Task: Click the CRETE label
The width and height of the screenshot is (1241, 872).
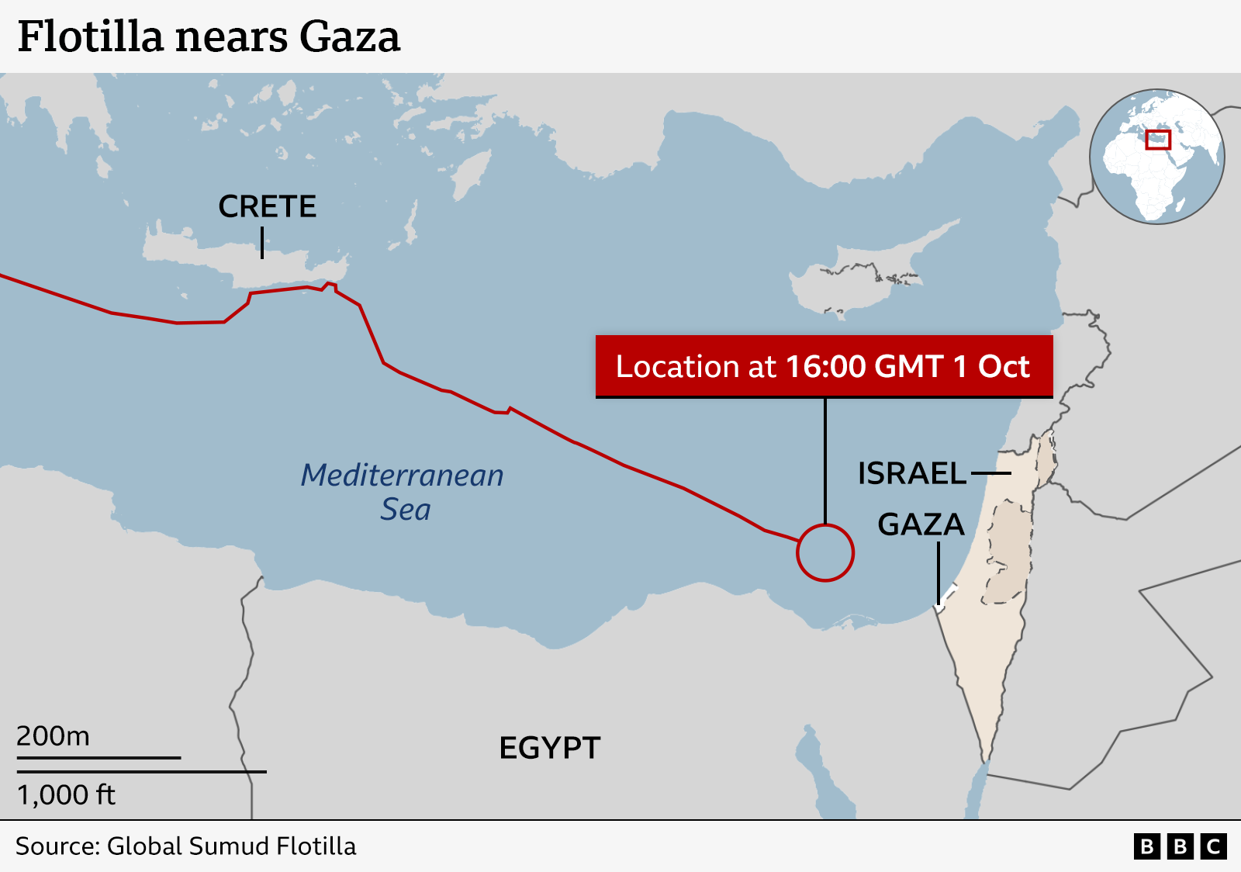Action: coord(267,206)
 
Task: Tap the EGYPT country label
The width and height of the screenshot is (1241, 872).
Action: coord(549,748)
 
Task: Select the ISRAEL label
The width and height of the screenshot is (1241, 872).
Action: coord(911,473)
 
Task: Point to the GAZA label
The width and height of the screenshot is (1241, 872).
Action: coord(921,524)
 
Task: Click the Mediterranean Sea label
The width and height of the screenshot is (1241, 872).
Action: coord(403,491)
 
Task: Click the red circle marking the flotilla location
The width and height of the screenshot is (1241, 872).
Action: coord(825,552)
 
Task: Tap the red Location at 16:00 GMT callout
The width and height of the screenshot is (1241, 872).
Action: coord(824,366)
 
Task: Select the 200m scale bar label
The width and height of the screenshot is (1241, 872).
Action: coord(53,735)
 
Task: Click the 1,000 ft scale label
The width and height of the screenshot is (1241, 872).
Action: coord(66,794)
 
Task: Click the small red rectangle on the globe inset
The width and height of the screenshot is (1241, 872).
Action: coord(1157,140)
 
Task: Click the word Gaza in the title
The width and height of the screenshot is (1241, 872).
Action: coord(350,36)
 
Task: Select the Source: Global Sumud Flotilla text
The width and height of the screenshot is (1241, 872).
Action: coord(185,846)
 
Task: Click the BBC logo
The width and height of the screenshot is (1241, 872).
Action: coord(1180,846)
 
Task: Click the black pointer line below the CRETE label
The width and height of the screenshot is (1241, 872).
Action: coord(262,243)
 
